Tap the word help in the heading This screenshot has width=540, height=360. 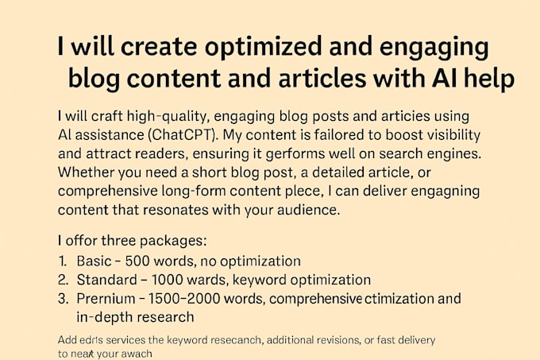pyautogui.click(x=484, y=79)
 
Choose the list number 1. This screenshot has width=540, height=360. pyautogui.click(x=63, y=260)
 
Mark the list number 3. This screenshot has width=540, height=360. pyautogui.click(x=64, y=299)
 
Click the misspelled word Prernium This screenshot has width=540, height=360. pyautogui.click(x=108, y=299)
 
